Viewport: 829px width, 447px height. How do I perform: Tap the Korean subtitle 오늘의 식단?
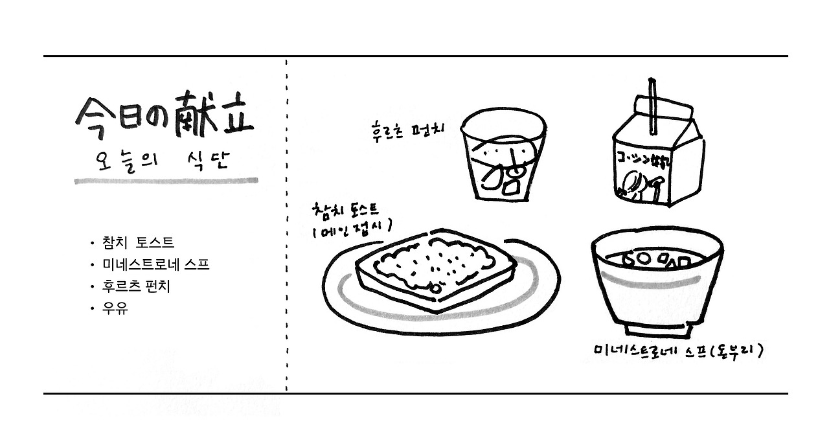click(162, 160)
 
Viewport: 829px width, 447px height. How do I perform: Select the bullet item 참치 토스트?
click(138, 243)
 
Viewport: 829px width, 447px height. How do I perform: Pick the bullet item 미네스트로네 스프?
click(155, 265)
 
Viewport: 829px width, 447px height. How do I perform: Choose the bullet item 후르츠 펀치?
click(136, 286)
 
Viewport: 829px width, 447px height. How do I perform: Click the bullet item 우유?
click(115, 308)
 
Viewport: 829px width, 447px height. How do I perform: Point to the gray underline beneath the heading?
click(166, 181)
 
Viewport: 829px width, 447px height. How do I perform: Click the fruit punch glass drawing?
click(503, 155)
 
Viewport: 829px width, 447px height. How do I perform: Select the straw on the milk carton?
click(651, 104)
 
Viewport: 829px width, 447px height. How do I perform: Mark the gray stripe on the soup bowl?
click(656, 285)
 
